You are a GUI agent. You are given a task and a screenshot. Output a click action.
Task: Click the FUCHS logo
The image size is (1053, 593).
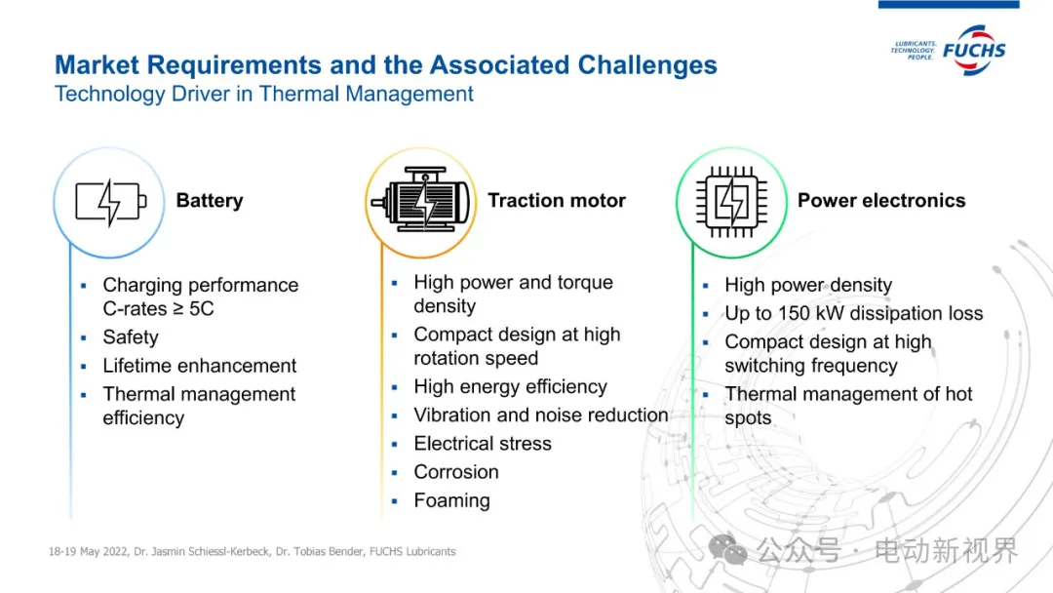tap(949, 51)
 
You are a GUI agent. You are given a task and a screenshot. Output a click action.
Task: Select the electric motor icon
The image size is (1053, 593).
tap(421, 200)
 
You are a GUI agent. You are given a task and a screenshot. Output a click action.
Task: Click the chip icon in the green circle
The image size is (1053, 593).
tap(731, 202)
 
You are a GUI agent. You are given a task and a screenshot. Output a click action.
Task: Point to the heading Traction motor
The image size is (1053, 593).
tap(557, 200)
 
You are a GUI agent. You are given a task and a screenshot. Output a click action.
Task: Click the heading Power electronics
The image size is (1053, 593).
tap(881, 200)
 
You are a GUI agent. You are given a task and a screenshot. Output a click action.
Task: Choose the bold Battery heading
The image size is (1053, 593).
tap(210, 200)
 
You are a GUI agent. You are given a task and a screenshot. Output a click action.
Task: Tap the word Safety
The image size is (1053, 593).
tap(131, 337)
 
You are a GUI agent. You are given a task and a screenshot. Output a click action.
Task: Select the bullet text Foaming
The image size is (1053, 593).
tap(452, 500)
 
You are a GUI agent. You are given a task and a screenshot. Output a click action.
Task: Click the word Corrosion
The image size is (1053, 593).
tap(456, 472)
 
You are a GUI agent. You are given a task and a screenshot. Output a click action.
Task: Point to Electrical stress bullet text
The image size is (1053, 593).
tap(483, 443)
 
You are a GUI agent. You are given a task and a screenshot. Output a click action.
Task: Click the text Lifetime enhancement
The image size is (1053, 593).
tap(200, 366)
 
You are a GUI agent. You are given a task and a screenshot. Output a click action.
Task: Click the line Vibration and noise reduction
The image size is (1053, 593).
tap(540, 415)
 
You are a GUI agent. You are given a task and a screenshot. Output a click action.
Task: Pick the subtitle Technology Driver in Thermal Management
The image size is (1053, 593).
tap(264, 94)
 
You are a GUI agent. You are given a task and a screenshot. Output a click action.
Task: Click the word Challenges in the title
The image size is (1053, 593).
tap(647, 65)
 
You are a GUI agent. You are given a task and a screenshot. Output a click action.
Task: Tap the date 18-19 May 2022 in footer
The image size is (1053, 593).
tap(88, 551)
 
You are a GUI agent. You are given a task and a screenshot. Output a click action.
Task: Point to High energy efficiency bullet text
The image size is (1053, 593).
tap(510, 387)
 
